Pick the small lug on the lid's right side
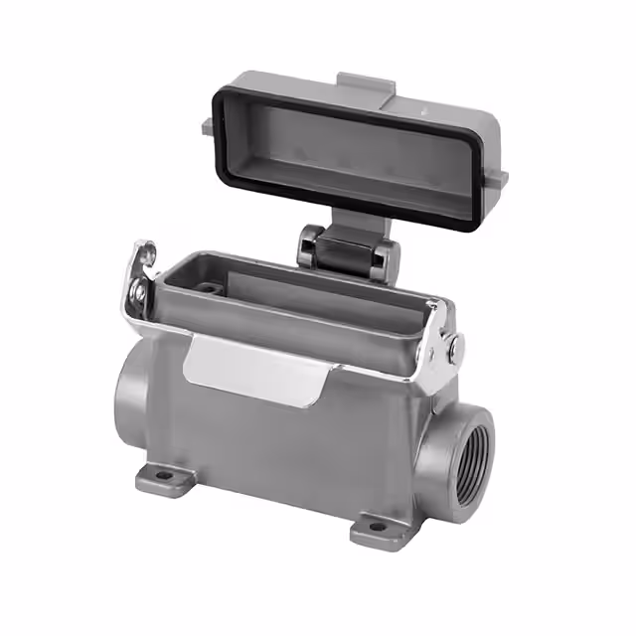tap(500, 179)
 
